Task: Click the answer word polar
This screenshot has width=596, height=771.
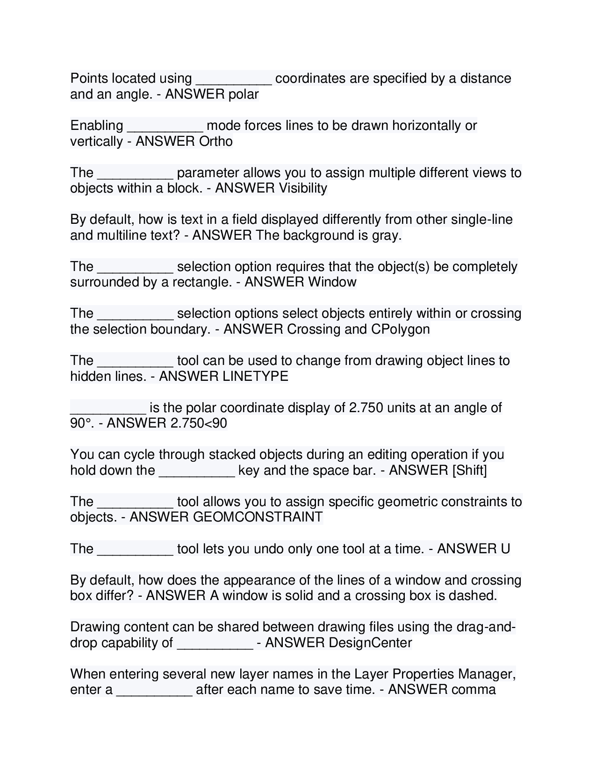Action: (243, 94)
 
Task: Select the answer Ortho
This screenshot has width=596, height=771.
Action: (215, 142)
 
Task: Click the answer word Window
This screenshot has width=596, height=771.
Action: (332, 282)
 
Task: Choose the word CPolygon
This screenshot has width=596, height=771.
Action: (400, 329)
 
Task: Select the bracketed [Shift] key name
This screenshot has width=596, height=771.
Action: (469, 470)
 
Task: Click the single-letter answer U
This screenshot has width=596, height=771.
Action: (505, 549)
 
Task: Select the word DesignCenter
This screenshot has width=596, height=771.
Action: (370, 643)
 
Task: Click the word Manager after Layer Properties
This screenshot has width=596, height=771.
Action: (486, 674)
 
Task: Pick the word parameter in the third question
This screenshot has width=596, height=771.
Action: (208, 173)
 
